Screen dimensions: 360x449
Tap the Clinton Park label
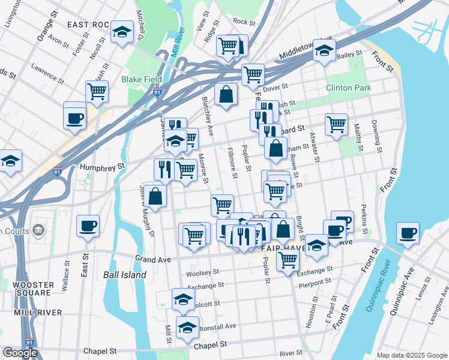pyautogui.click(x=348, y=88)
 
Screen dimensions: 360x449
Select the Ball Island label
pyautogui.click(x=124, y=275)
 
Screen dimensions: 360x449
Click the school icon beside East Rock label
pyautogui.click(x=122, y=32)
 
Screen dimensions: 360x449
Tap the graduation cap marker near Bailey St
pyautogui.click(x=324, y=52)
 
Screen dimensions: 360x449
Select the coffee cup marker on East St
pyautogui.click(x=88, y=226)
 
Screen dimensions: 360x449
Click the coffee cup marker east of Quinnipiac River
pyautogui.click(x=408, y=233)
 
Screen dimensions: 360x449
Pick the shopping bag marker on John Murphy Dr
pyautogui.click(x=155, y=196)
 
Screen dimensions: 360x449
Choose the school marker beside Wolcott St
pyautogui.click(x=183, y=299)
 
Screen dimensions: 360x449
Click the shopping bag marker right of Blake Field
pyautogui.click(x=226, y=95)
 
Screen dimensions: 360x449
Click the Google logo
pyautogui.click(x=20, y=353)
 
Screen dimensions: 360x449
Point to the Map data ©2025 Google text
pyautogui.click(x=411, y=355)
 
